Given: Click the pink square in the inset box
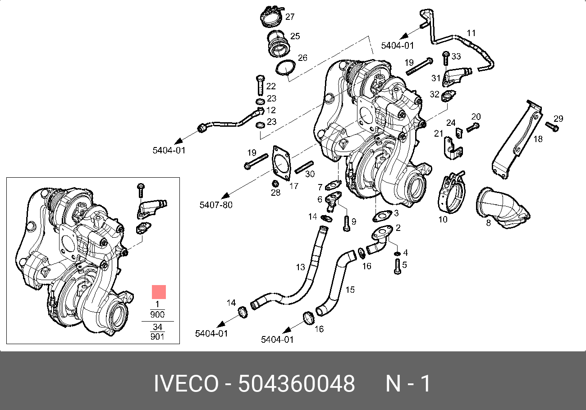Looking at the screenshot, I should click(x=159, y=292).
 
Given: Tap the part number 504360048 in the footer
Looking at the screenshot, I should click(x=297, y=384).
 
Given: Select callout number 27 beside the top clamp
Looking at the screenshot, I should click(x=290, y=17).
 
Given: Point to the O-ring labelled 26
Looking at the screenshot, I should click(x=285, y=68).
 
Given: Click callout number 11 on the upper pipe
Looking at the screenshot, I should click(x=471, y=33).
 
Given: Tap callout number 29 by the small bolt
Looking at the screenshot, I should click(x=559, y=119).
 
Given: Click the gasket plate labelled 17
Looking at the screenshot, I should click(x=283, y=163).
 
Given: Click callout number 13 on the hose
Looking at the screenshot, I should click(x=301, y=267).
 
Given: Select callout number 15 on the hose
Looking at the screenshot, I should click(x=350, y=290).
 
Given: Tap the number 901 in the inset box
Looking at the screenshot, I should click(x=157, y=336).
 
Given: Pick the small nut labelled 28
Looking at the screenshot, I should click(x=275, y=184).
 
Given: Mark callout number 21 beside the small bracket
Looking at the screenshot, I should click(x=439, y=133).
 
